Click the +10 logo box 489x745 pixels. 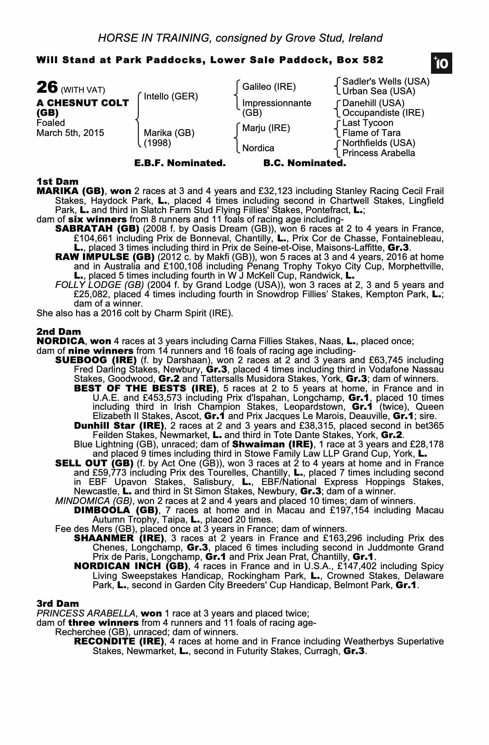(442, 64)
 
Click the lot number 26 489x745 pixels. (47, 88)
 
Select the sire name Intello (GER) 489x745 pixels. (171, 96)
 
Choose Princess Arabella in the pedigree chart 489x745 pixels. (378, 153)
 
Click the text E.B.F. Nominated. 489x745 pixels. (180, 163)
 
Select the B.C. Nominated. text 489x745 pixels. (304, 163)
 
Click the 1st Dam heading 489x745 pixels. (58, 182)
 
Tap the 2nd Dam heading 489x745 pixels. (59, 332)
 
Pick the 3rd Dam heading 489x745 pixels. (58, 603)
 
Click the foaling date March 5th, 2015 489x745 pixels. (70, 133)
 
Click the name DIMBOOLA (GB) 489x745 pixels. (116, 510)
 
